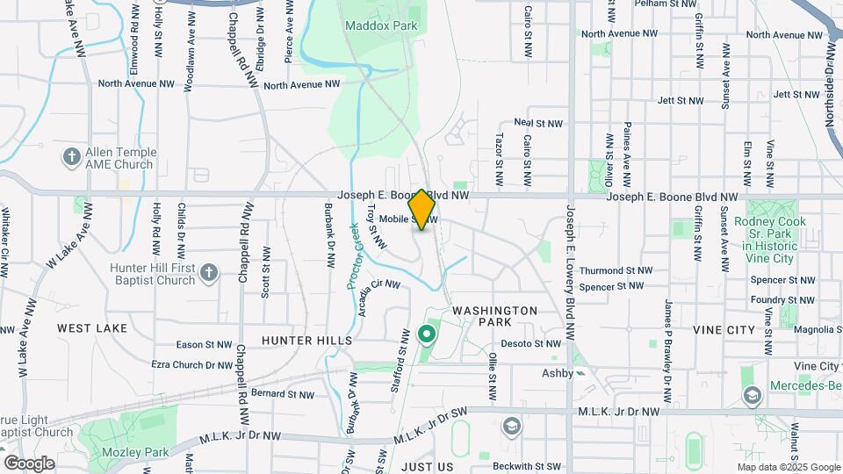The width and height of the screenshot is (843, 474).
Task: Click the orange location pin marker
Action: click(422, 209)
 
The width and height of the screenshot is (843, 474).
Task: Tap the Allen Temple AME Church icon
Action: click(72, 157)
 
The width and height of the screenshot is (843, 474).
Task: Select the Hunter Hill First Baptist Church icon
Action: click(208, 272)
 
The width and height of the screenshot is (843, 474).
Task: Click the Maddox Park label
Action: click(381, 25)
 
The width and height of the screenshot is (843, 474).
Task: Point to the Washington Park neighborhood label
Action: click(494, 317)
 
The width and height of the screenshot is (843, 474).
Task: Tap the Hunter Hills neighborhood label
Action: click(306, 340)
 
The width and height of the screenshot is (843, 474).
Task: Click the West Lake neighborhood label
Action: click(92, 327)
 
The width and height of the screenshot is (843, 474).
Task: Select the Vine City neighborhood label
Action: click(724, 329)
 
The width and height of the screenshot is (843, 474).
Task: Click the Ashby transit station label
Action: click(557, 373)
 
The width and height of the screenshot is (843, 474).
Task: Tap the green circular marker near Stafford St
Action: click(427, 334)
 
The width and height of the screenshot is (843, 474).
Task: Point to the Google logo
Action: click(29, 463)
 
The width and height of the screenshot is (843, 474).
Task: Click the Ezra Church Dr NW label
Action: click(191, 364)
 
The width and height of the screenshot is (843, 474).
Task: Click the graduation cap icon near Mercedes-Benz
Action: click(752, 396)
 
